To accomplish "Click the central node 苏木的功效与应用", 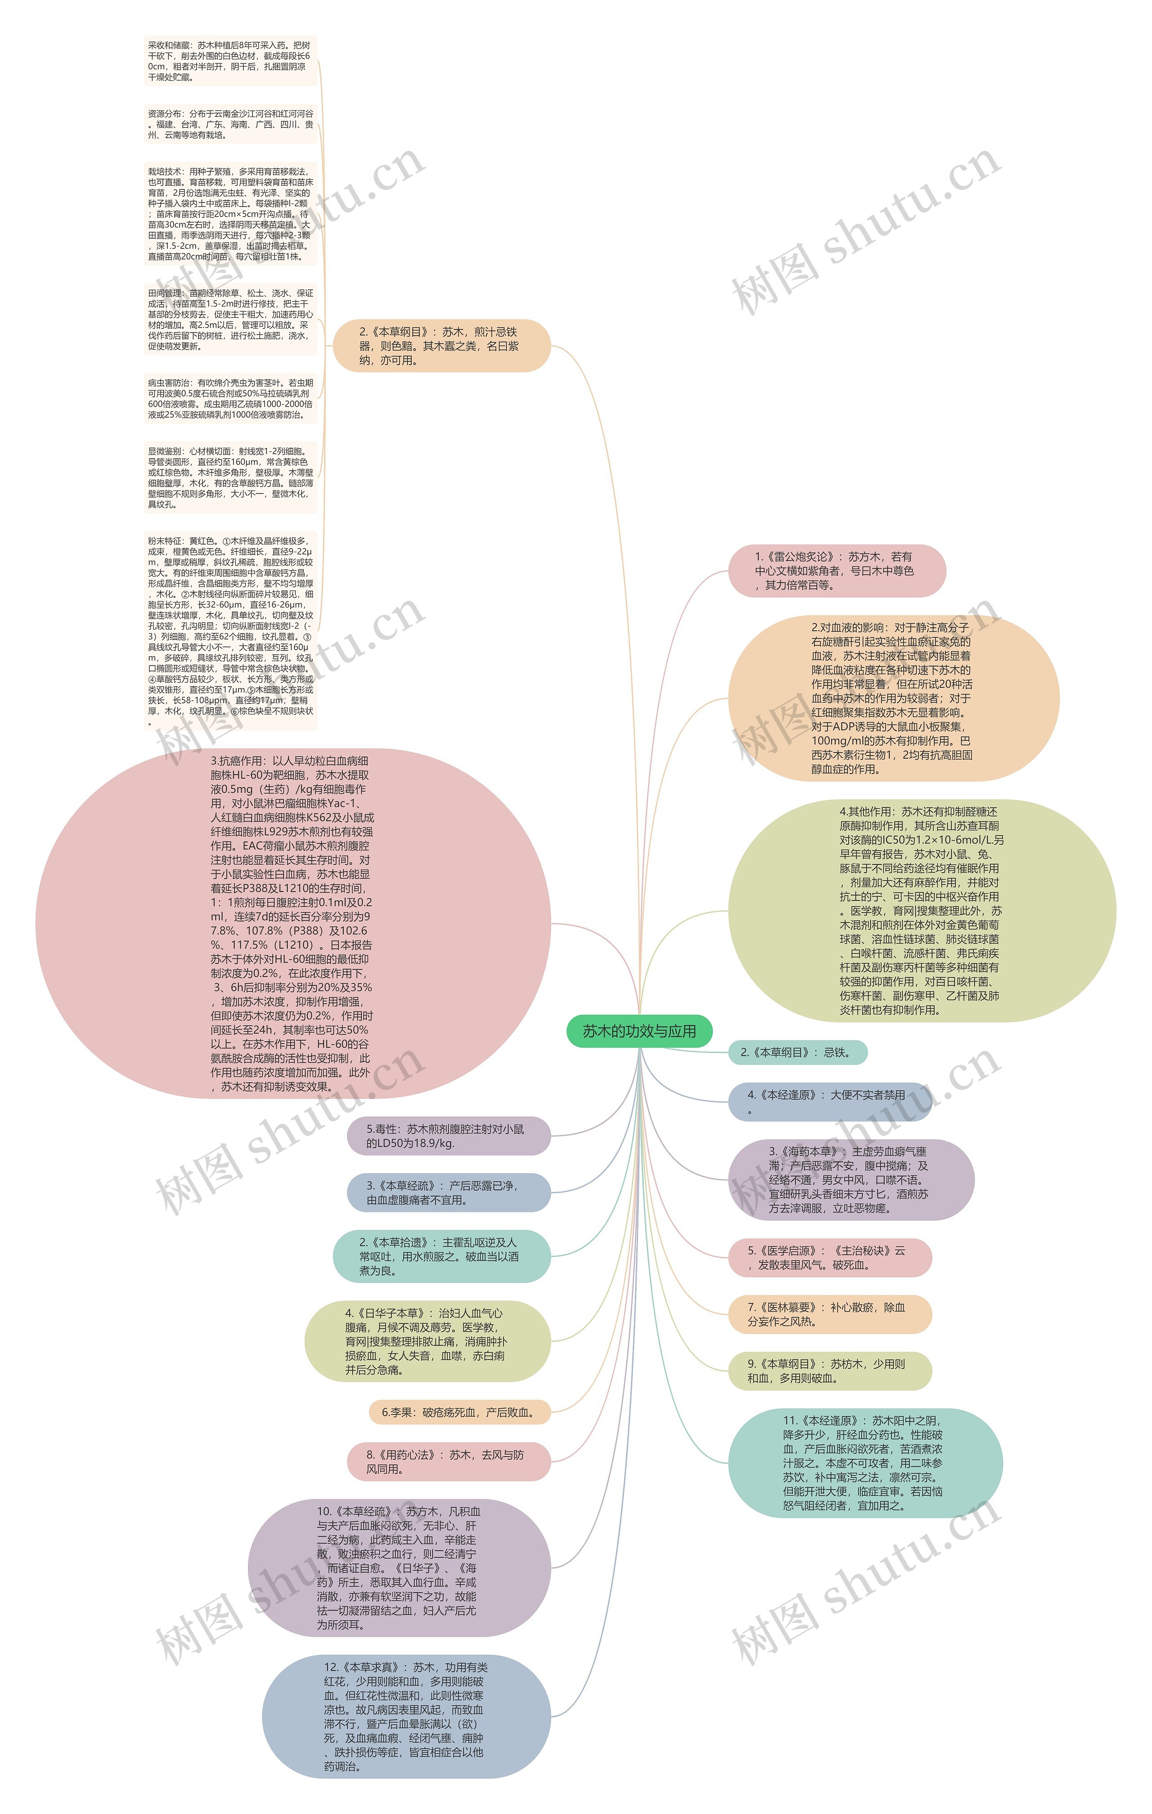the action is [x=639, y=1031].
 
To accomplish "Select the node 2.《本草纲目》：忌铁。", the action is [x=797, y=1053].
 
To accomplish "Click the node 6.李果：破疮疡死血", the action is [x=459, y=1413].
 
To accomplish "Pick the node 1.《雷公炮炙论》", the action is [x=836, y=570].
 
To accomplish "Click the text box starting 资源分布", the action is [x=230, y=124].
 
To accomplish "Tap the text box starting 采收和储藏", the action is [x=230, y=61].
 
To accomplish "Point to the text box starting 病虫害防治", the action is [x=230, y=399].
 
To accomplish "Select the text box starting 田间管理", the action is [x=230, y=320].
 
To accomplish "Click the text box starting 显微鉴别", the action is [x=230, y=477].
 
